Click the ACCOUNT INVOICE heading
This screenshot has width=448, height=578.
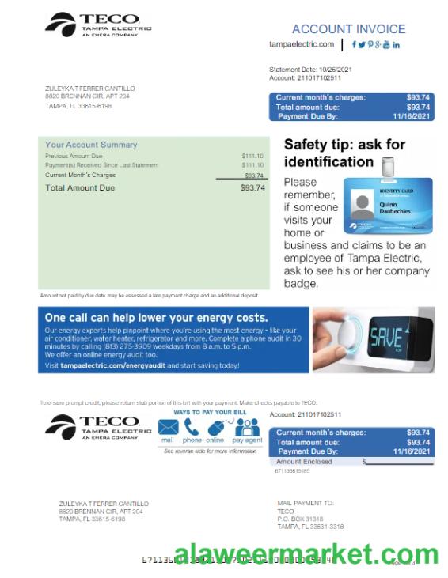click(348, 29)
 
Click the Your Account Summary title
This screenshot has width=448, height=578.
click(91, 145)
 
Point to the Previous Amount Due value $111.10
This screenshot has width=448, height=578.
click(252, 157)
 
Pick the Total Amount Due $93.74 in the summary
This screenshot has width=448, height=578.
click(252, 188)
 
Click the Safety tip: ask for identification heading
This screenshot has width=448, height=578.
click(344, 153)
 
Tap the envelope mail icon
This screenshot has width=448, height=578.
click(168, 427)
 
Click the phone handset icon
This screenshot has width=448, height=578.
click(192, 427)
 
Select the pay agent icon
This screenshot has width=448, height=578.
click(248, 427)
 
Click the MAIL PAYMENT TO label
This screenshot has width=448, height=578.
click(306, 503)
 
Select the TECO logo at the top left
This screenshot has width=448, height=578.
click(98, 25)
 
